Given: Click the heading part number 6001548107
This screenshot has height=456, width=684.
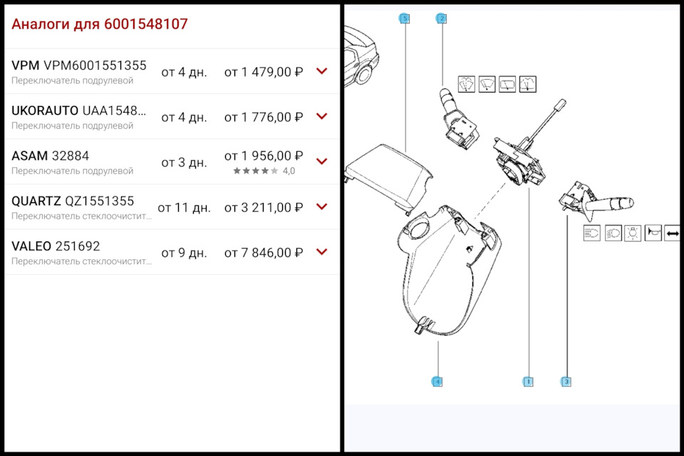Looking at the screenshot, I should (x=146, y=24).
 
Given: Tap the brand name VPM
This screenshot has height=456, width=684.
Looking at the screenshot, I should (x=26, y=66).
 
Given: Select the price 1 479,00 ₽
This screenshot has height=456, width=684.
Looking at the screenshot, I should (x=264, y=72).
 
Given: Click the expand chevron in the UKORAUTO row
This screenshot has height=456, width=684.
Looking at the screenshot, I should (x=321, y=116).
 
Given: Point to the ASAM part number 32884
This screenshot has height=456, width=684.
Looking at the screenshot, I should (x=71, y=155).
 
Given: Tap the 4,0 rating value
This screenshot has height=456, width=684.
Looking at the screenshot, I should (x=289, y=171).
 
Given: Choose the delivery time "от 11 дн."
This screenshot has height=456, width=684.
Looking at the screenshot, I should (x=184, y=207).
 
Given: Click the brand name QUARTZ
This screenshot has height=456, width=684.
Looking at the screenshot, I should (x=36, y=201).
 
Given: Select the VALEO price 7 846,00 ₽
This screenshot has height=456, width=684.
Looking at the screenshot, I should (x=264, y=252).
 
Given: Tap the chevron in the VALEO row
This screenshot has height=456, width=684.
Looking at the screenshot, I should (x=321, y=252).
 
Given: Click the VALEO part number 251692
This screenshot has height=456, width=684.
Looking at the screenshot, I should (x=78, y=246).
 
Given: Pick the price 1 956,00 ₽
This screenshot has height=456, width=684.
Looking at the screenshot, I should (x=264, y=155).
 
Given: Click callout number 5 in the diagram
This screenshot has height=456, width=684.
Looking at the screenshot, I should (x=405, y=19).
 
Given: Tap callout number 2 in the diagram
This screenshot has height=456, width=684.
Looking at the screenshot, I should (x=442, y=19).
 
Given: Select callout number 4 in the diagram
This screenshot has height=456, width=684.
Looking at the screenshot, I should (x=437, y=382).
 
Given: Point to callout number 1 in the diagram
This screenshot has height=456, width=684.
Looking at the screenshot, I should (x=529, y=382).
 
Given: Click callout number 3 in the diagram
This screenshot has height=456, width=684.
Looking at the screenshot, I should (x=566, y=382).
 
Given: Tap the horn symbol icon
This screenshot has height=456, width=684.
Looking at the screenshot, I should (x=653, y=233).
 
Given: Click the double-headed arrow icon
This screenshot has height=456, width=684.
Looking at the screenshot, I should (x=673, y=233).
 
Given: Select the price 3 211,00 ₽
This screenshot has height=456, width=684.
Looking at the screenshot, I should (x=264, y=207).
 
